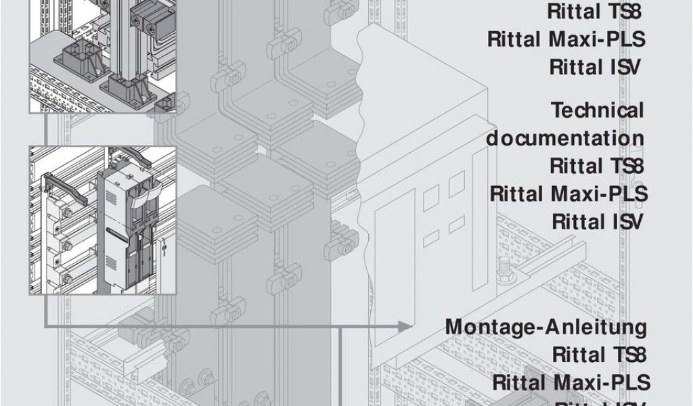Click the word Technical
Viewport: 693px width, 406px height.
coord(598,110)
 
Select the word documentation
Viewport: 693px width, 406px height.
coord(565,138)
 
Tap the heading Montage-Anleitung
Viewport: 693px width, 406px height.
coord(545,327)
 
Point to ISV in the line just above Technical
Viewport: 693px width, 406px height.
coord(625,67)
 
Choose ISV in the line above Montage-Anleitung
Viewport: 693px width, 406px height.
coord(627,222)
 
